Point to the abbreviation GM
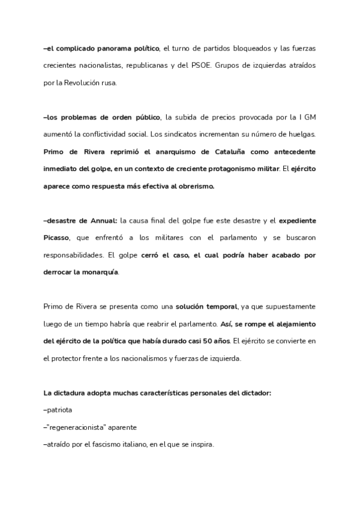308,117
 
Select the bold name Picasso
56,238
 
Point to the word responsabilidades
74,255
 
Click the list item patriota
59,411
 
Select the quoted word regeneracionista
79,428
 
